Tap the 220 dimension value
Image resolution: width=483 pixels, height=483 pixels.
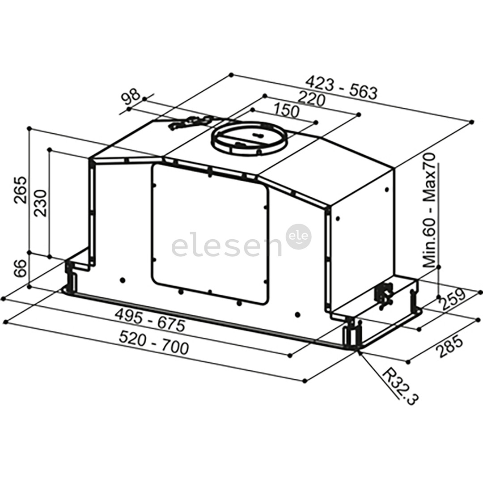pos(312,99)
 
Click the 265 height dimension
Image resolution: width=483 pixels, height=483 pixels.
pos(21,190)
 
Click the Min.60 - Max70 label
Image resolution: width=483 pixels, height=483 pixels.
pos(429,210)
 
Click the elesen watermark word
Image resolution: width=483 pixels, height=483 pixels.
pos(226,246)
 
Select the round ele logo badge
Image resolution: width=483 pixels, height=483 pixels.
pos(299,237)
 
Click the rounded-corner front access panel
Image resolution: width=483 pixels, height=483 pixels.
pos(210,233)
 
